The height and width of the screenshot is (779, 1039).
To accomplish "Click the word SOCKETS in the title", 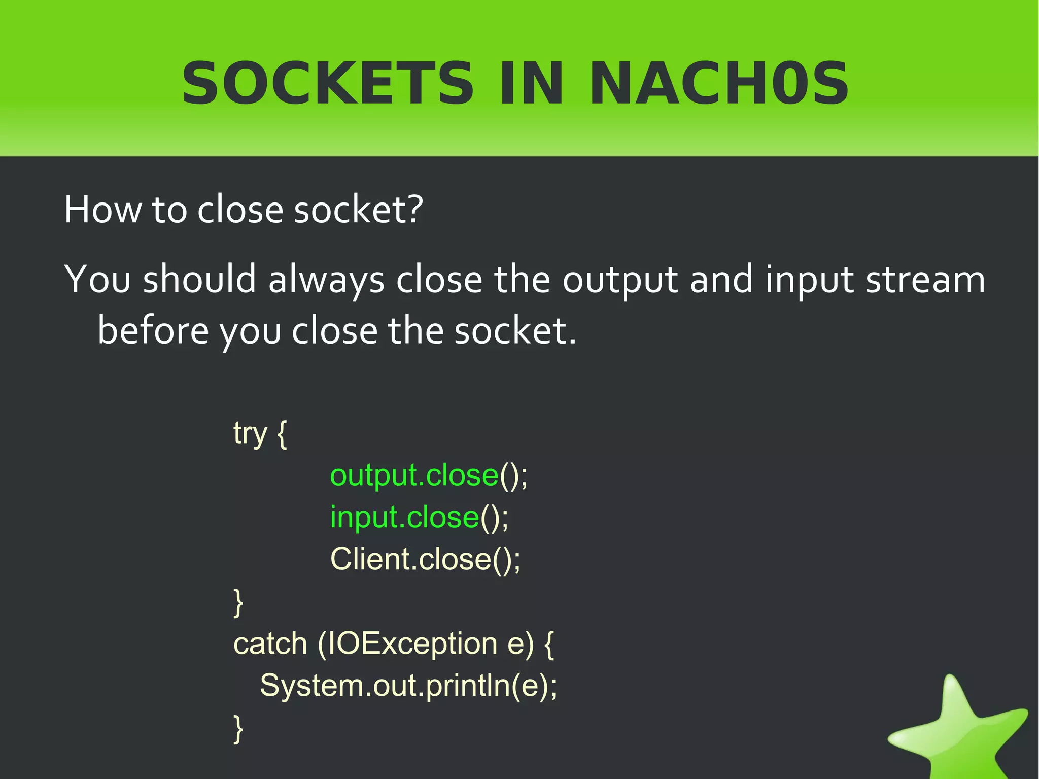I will (x=328, y=84).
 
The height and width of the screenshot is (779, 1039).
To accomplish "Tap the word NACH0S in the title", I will (x=719, y=84).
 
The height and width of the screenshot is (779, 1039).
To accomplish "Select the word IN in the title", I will (x=531, y=84).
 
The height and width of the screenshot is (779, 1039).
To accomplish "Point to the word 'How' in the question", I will (x=103, y=209).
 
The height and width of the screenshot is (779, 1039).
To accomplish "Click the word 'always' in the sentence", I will (x=326, y=280).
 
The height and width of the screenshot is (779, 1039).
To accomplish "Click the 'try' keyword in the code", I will (x=250, y=434).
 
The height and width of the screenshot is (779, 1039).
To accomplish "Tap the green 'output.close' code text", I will (x=414, y=476).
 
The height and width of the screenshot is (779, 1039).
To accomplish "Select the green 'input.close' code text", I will (x=404, y=518).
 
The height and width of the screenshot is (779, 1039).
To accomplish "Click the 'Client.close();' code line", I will (x=425, y=559).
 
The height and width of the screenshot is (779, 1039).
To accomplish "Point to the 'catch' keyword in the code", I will (x=270, y=643).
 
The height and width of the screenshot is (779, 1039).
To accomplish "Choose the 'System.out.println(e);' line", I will (x=408, y=686).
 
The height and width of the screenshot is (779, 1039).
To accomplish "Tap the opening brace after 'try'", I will (x=283, y=434).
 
